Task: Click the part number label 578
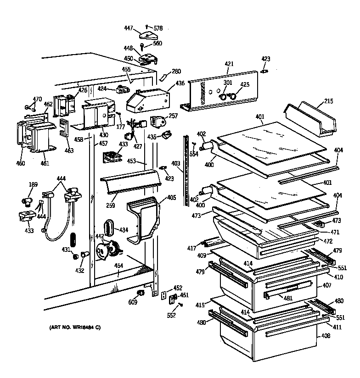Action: coord(158,28)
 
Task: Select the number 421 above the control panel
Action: coord(230,64)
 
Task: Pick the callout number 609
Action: coord(132,303)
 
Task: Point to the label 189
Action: coord(33,185)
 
